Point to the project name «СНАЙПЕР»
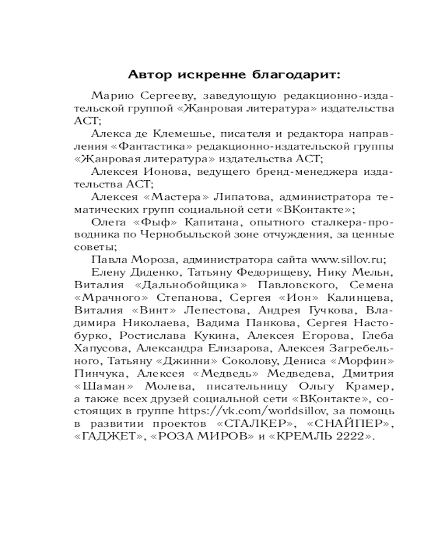pos(347,425)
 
